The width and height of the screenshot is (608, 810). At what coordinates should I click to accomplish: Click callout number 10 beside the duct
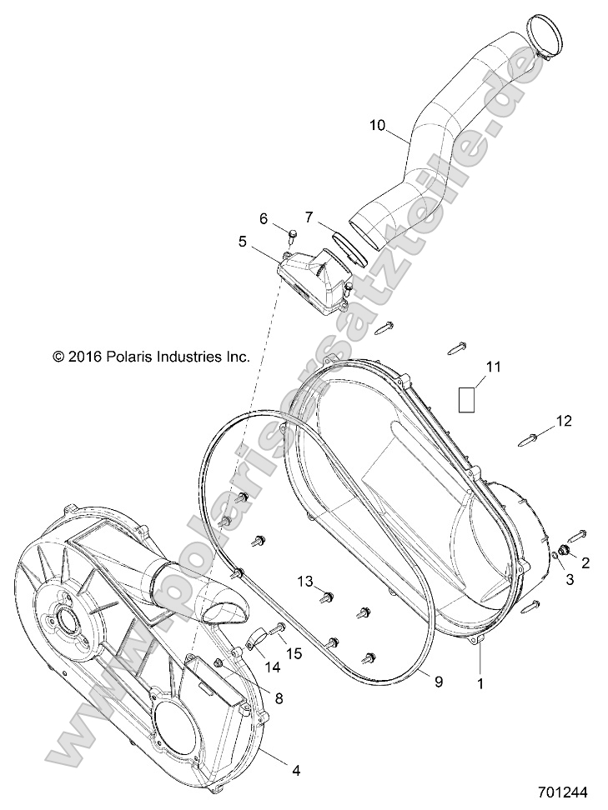tap(377, 126)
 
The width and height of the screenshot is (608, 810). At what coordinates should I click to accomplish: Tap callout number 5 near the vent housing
tap(243, 242)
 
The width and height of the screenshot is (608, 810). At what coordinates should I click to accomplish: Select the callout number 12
tap(565, 422)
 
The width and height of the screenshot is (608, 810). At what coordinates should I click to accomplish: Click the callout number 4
tap(295, 771)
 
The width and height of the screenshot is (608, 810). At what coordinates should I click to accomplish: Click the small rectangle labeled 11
tap(468, 397)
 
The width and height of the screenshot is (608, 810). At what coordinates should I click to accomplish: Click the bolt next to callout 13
tap(327, 596)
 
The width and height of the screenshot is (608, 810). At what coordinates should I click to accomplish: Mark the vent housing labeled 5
tap(312, 279)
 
